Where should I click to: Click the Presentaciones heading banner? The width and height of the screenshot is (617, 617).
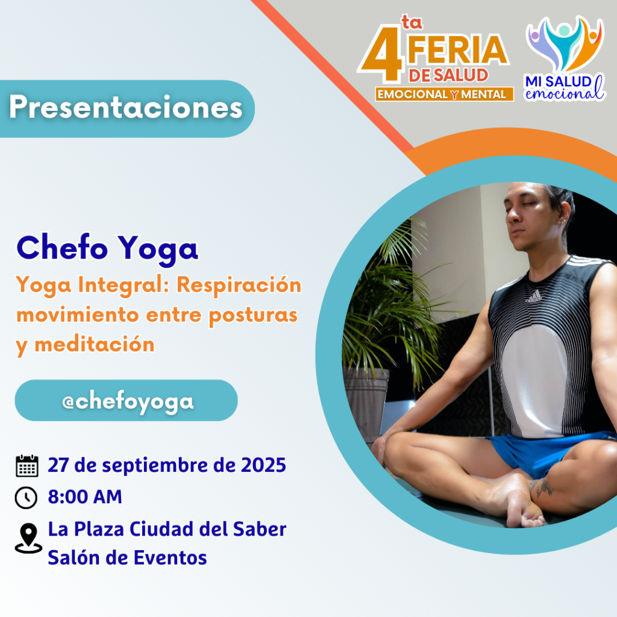coord(127,108)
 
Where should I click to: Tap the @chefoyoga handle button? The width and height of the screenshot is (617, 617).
coord(127,400)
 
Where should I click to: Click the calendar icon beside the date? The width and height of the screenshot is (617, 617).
coord(27,466)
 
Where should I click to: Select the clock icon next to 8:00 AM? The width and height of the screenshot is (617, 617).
coord(26,497)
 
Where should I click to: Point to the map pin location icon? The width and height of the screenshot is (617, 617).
coord(28,538)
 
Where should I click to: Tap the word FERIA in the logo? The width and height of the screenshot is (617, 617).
coord(458,50)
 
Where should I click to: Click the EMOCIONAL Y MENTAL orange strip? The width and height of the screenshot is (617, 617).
coord(444,95)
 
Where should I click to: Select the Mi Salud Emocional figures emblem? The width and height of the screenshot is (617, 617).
coord(565,43)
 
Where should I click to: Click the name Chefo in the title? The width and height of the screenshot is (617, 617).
coord(62,248)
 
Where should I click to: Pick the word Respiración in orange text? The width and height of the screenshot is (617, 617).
coord(239,285)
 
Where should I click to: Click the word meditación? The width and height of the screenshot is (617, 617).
coord(95,345)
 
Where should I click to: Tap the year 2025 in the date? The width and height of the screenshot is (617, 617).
coord(263,465)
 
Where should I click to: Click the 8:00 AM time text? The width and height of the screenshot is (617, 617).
coord(85,496)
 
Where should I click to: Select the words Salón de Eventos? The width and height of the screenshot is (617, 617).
coord(128,557)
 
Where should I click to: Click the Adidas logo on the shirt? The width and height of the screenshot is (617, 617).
coord(534,296)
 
